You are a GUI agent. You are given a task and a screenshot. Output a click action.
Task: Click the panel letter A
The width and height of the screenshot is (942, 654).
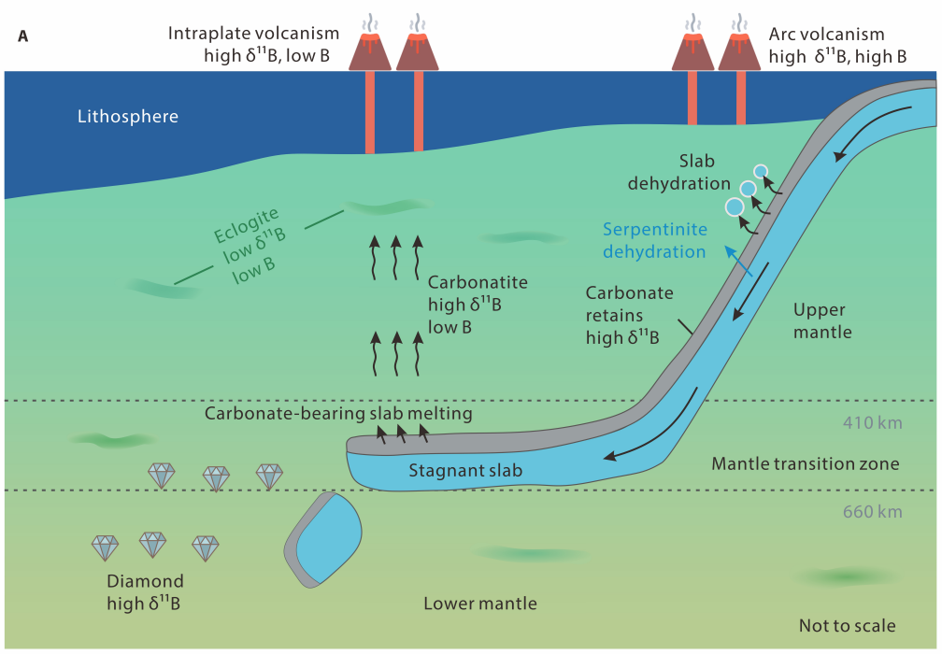coord(22,37)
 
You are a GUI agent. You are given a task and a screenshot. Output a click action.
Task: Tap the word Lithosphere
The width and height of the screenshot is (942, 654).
coord(128,117)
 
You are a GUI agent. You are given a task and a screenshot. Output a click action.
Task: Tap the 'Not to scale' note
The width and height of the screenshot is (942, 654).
coord(847,626)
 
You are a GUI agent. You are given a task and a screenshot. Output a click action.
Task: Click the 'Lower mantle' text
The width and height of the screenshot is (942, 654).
coord(480,604)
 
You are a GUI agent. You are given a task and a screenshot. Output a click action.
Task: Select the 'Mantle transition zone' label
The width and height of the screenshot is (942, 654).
coord(805,463)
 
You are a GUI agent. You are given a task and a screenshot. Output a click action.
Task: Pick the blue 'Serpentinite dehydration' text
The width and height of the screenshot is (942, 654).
coord(654,240)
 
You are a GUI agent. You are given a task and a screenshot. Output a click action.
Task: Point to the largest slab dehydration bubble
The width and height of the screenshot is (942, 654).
coord(735,206)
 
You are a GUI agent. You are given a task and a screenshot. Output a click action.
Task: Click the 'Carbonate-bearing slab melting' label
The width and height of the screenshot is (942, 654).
coord(338,413)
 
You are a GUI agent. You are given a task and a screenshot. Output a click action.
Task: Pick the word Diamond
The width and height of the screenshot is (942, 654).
coord(145,581)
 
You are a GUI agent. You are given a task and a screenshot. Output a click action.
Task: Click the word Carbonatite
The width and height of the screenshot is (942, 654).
coord(478,282)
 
